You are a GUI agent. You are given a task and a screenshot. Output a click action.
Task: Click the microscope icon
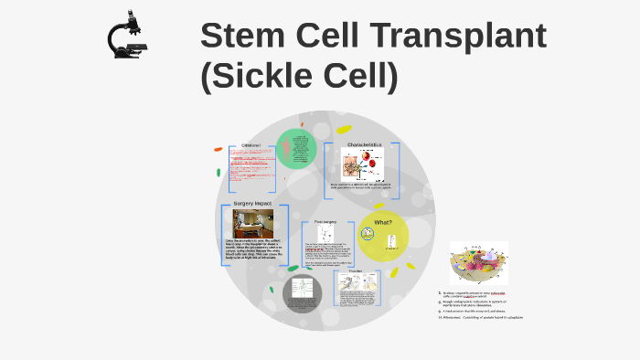click(x=126, y=36)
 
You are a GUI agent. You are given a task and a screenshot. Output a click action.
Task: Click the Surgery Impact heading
click(x=252, y=203)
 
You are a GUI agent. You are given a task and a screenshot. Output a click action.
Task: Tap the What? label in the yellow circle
click(x=383, y=222)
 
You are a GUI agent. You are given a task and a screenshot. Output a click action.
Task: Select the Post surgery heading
click(x=326, y=221)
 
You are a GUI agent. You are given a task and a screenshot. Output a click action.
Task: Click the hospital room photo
click(x=252, y=223)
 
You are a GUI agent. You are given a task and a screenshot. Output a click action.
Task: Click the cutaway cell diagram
click(x=477, y=263)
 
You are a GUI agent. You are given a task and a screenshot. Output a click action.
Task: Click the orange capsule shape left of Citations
click(x=219, y=149)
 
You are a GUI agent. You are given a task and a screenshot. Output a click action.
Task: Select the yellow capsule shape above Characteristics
click(x=344, y=130)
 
